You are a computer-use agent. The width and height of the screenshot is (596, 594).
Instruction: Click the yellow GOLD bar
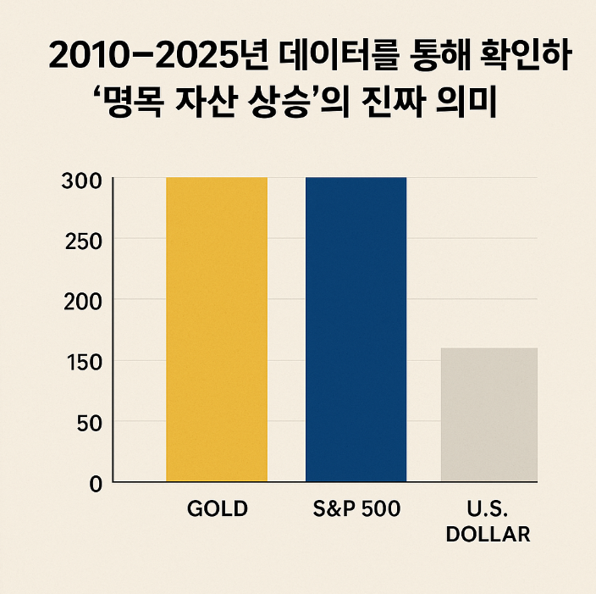click(x=216, y=330)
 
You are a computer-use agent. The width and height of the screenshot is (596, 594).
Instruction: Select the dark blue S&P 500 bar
click(x=356, y=330)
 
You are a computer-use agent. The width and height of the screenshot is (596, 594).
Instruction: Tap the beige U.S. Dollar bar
click(x=489, y=414)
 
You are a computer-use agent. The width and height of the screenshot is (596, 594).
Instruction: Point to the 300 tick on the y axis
click(x=81, y=180)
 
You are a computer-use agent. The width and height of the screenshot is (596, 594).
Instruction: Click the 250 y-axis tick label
click(x=81, y=241)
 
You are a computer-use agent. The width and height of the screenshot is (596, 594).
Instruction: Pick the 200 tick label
click(x=81, y=301)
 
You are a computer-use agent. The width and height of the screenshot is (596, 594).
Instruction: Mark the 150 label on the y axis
click(x=81, y=362)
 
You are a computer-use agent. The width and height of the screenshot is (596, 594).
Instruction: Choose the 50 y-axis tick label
click(x=87, y=422)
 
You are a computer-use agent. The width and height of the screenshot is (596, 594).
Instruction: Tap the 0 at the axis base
click(x=95, y=483)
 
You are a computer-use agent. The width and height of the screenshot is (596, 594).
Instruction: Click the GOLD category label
click(x=217, y=509)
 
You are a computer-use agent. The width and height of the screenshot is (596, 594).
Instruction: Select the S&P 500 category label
click(x=356, y=509)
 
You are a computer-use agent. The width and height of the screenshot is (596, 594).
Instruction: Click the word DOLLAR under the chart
click(x=488, y=535)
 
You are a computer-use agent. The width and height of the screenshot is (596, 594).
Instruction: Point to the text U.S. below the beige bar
click(x=488, y=509)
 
